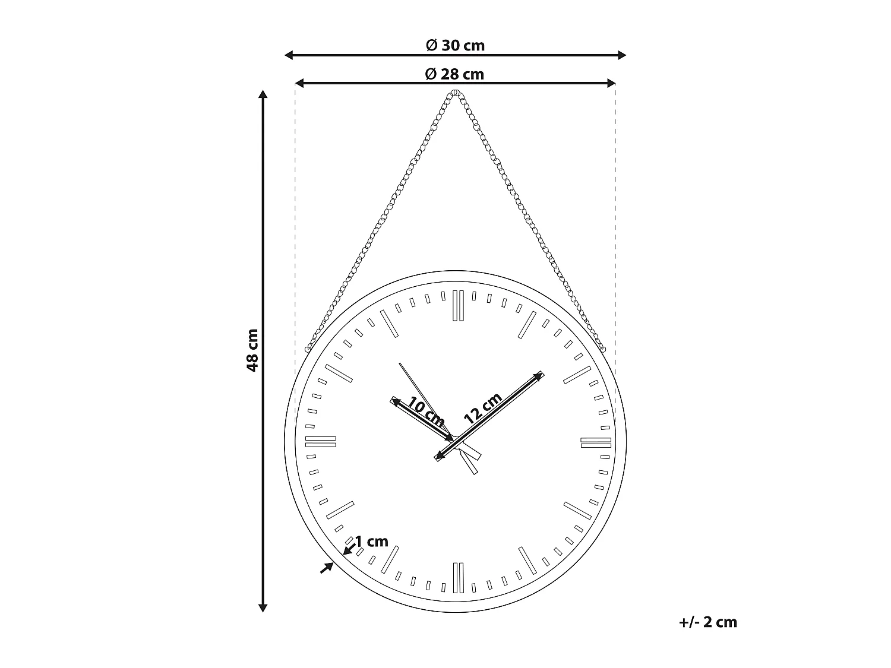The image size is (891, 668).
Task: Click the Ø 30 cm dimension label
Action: pyautogui.click(x=455, y=45)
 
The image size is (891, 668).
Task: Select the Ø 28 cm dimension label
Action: pyautogui.click(x=455, y=74)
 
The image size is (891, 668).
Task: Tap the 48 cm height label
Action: pyautogui.click(x=253, y=350)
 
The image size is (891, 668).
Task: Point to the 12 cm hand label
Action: pyautogui.click(x=483, y=407)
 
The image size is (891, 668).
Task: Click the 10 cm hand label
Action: pyautogui.click(x=426, y=414)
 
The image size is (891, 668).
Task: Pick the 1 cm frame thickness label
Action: pyautogui.click(x=371, y=542)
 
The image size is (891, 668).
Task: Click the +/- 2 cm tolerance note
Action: pyautogui.click(x=707, y=622)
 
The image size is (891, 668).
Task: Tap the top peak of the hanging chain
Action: pyautogui.click(x=456, y=93)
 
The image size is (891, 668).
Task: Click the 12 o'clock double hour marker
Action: pyautogui.click(x=457, y=306)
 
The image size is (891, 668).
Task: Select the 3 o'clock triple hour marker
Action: pyautogui.click(x=596, y=442)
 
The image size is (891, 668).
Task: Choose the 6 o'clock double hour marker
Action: pyautogui.click(x=457, y=578)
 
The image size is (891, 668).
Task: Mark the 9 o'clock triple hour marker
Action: pyautogui.click(x=321, y=442)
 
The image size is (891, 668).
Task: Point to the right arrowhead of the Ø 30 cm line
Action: pyautogui.click(x=623, y=55)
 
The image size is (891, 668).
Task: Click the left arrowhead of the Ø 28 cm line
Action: pyautogui.click(x=299, y=84)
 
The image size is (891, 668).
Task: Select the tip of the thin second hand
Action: pyautogui.click(x=400, y=363)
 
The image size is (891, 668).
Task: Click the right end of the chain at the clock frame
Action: pyautogui.click(x=603, y=350)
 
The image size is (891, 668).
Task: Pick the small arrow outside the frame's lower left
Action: pyautogui.click(x=327, y=568)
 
